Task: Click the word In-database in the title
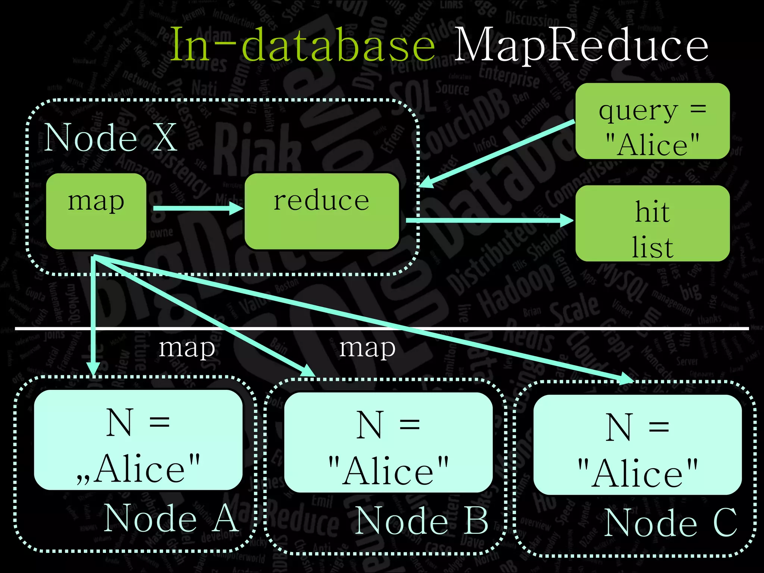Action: [x=302, y=45]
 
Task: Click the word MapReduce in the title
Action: [x=580, y=46]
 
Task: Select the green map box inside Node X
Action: [x=96, y=211]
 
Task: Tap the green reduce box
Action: [x=322, y=211]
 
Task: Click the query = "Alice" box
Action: [x=652, y=121]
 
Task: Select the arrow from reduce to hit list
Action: [x=489, y=220]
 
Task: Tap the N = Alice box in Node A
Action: [x=138, y=440]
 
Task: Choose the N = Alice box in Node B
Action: [x=388, y=443]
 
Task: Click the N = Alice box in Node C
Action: [x=637, y=445]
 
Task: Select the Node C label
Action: [x=670, y=523]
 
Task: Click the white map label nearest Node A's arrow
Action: [x=187, y=348]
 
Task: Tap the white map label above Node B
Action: [x=367, y=348]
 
